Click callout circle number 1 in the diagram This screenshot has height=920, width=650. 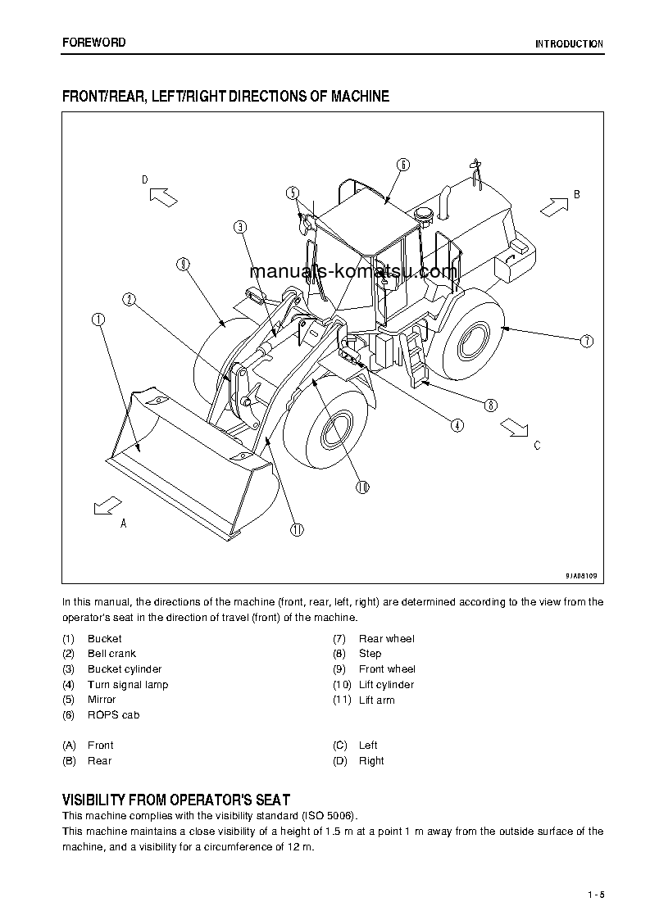[98, 320]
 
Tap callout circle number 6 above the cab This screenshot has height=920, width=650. [403, 165]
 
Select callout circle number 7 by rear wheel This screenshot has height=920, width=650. [585, 341]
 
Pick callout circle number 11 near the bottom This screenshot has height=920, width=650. [297, 529]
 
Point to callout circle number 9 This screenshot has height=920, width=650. [182, 264]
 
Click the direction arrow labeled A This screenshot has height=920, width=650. [107, 505]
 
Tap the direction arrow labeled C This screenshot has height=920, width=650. [515, 426]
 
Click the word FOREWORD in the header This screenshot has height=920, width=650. [94, 43]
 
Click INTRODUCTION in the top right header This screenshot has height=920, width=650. [569, 44]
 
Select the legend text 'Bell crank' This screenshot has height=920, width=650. [111, 654]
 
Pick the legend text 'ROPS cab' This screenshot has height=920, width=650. [113, 715]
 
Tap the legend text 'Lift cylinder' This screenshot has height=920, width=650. [386, 685]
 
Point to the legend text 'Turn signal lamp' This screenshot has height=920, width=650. [127, 685]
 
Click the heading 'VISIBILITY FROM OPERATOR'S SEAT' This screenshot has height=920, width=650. [176, 800]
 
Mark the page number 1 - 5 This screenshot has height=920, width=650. [595, 894]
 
